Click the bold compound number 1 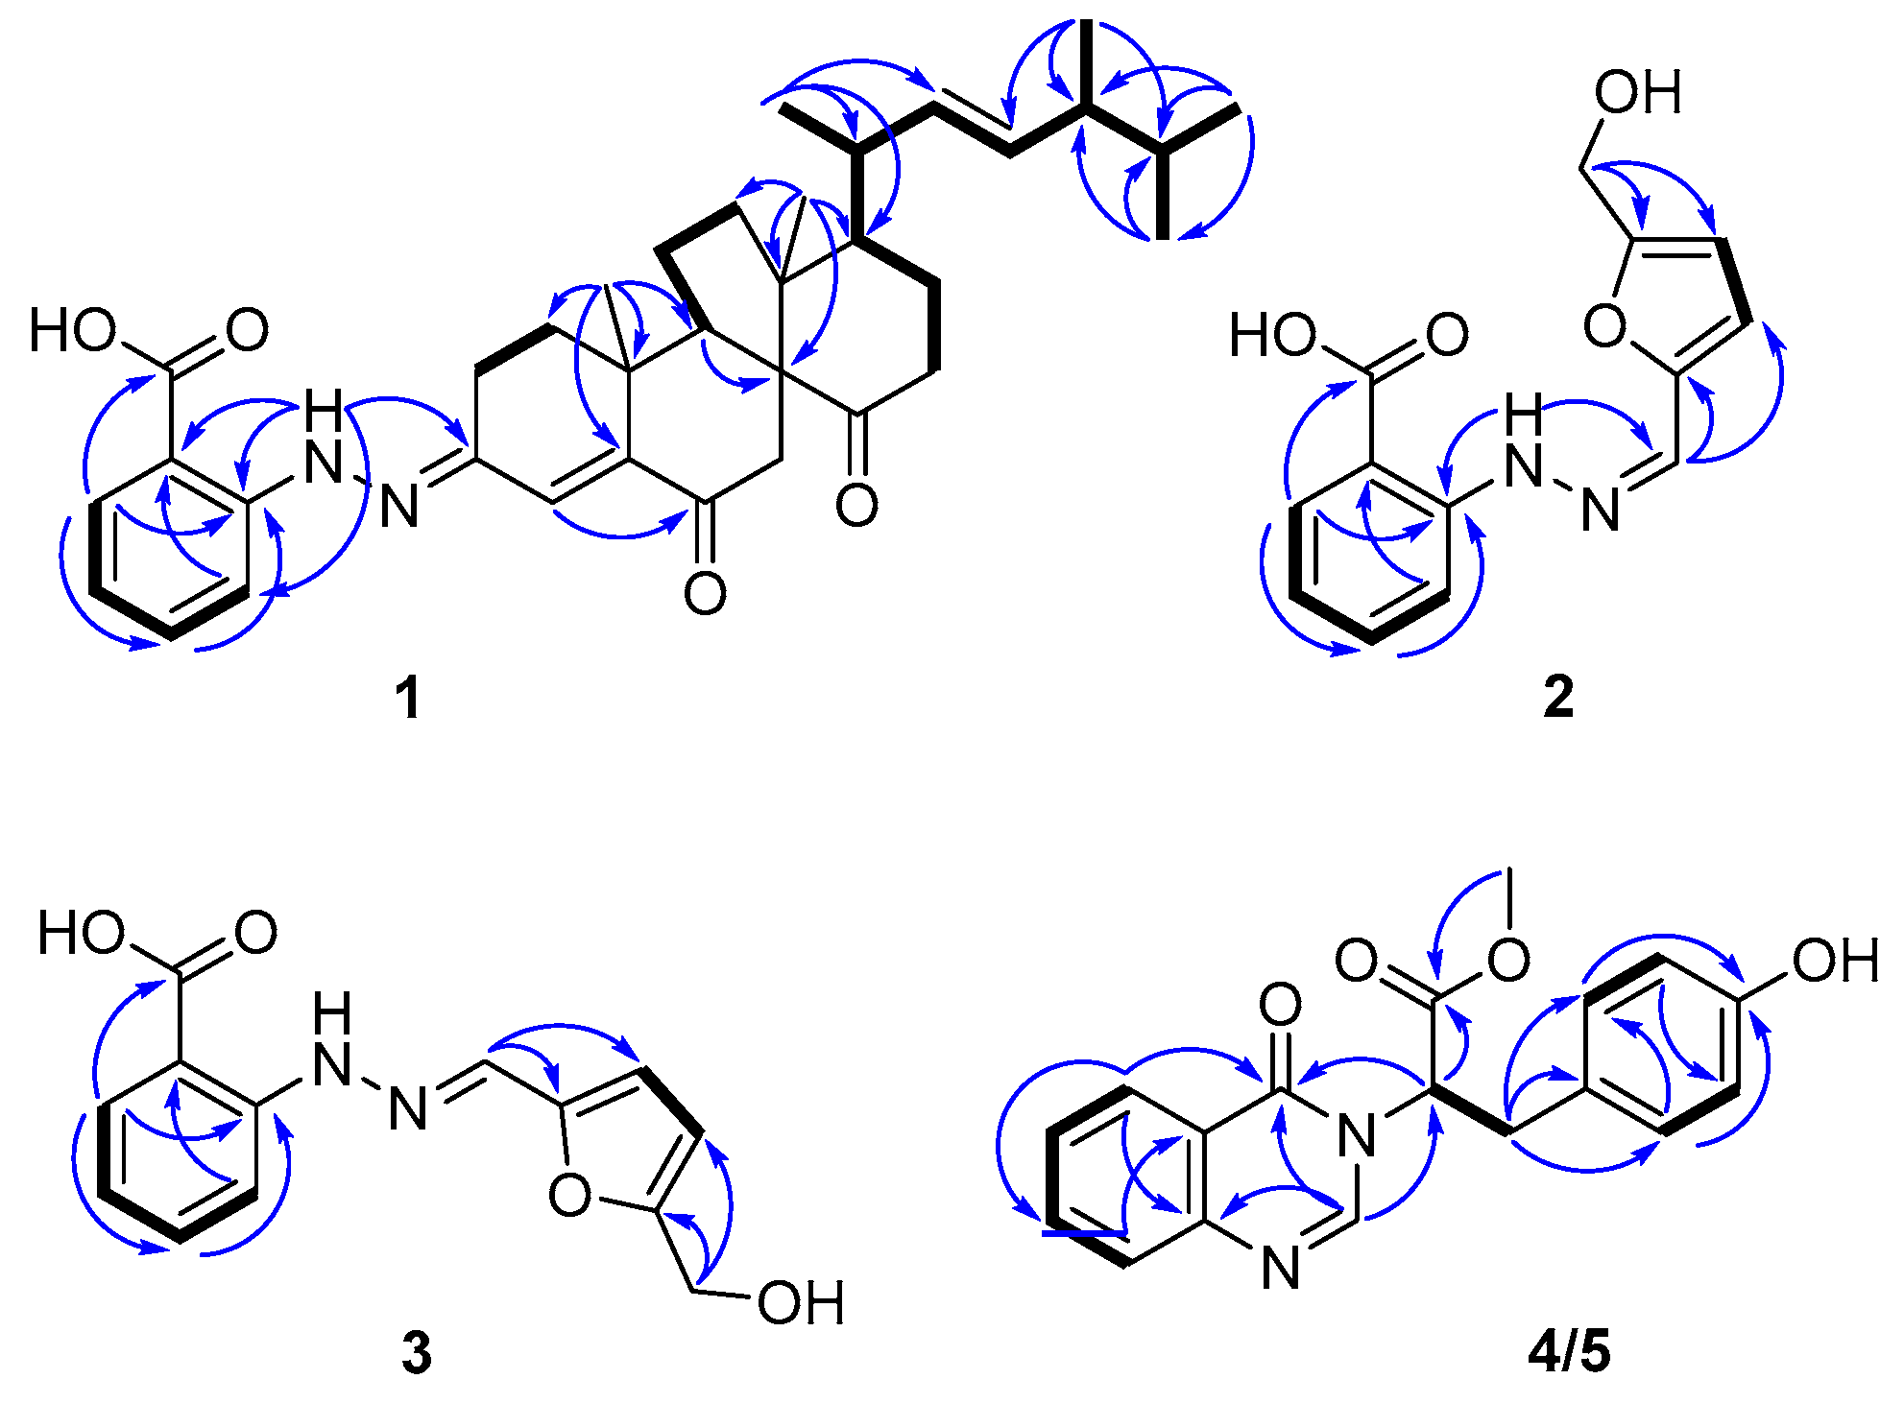[409, 697]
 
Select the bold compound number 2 [1558, 697]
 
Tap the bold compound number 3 [416, 1353]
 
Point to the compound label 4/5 [1569, 1352]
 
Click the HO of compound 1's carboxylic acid [73, 331]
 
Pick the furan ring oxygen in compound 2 [1604, 326]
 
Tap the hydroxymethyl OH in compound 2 [1638, 93]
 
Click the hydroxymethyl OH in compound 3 [801, 1303]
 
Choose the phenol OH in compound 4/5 [1835, 961]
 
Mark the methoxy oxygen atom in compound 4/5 [1508, 960]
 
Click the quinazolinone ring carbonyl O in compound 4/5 [1280, 1005]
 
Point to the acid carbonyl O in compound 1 [247, 331]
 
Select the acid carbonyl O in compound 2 [1447, 335]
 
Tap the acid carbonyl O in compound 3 [255, 933]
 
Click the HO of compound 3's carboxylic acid [82, 933]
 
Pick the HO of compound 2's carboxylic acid [1273, 336]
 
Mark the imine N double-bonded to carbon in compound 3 [408, 1110]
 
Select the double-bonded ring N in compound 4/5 [1280, 1268]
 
